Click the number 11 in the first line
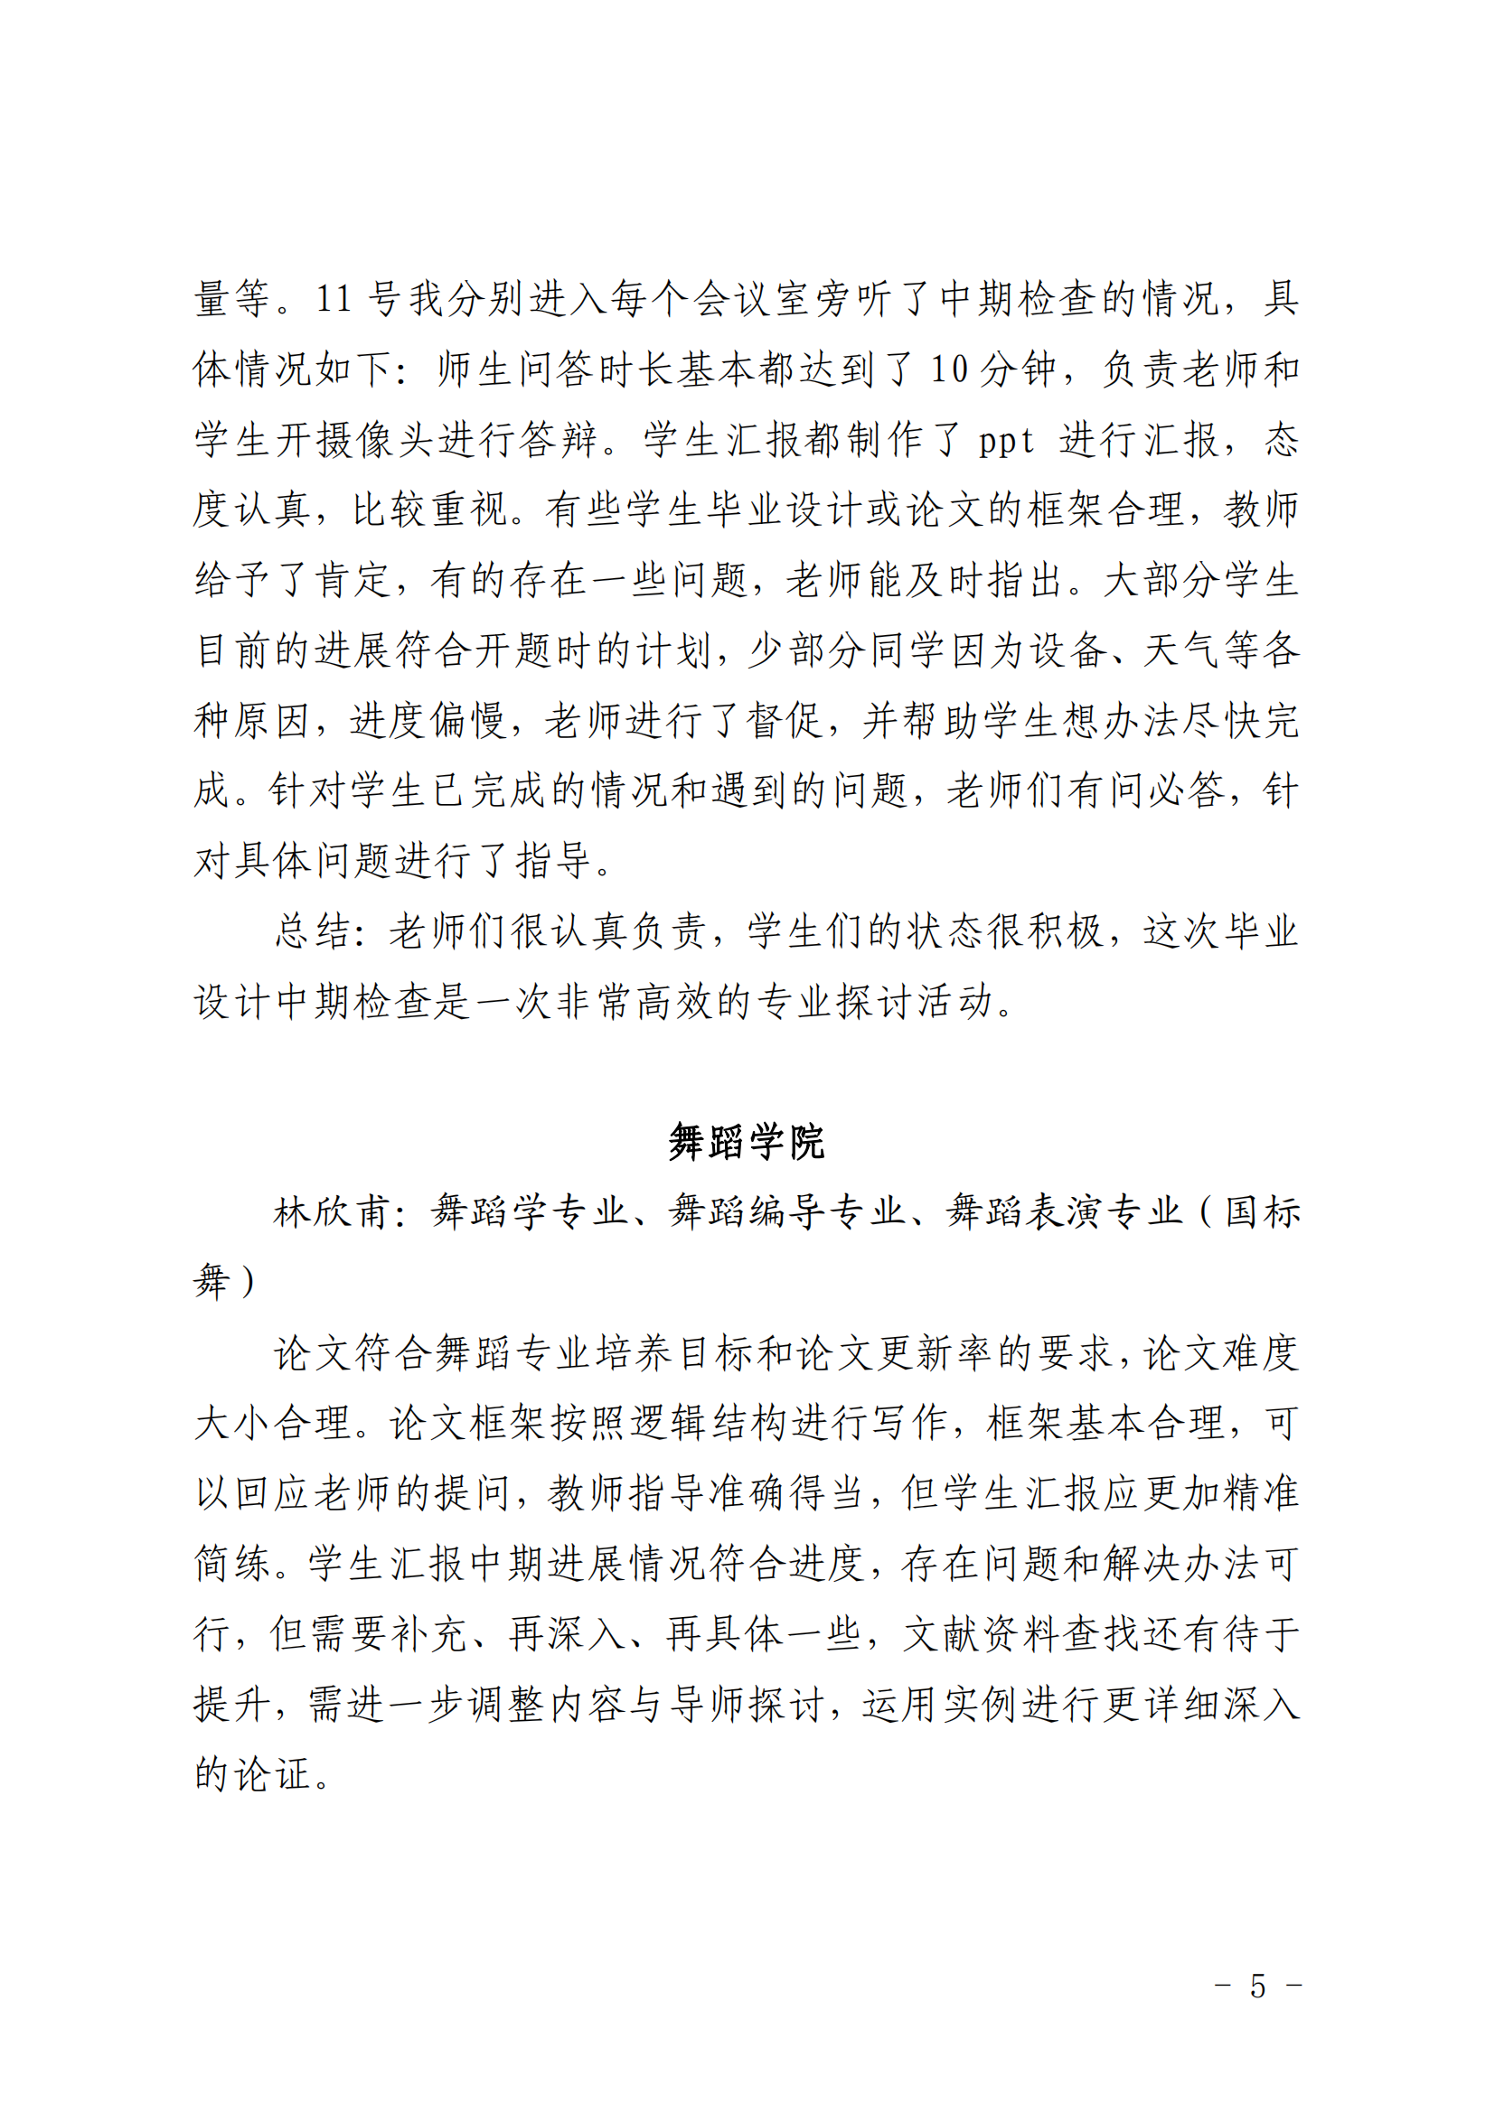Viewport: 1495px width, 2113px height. tap(334, 299)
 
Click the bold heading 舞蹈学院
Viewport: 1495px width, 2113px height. tap(747, 1142)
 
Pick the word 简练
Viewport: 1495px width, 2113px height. tap(233, 1564)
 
